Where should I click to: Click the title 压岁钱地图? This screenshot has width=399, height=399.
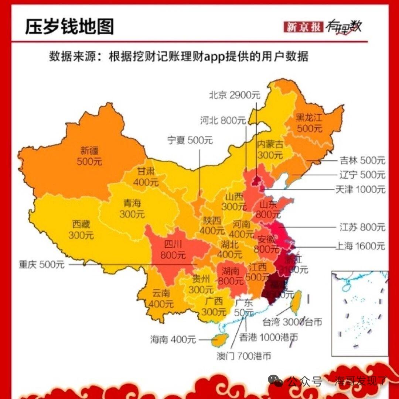(69, 27)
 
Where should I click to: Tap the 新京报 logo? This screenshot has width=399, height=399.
(303, 27)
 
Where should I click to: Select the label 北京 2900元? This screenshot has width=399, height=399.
(235, 95)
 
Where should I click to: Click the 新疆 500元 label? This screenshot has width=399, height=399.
(89, 156)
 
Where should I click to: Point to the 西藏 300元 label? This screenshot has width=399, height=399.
(81, 230)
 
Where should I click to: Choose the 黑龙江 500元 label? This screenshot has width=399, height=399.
(309, 123)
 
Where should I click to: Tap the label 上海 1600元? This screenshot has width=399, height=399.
(360, 246)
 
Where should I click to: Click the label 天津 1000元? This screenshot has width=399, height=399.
(360, 189)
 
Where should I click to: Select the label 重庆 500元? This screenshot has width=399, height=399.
(41, 264)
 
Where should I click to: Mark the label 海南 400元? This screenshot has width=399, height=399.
(173, 339)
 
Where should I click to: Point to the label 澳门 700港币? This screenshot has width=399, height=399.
(244, 356)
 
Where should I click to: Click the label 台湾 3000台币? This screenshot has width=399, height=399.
(292, 322)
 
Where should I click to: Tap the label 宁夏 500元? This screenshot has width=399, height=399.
(190, 140)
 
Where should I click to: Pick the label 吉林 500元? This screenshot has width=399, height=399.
(362, 161)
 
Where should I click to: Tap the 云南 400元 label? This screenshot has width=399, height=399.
(161, 299)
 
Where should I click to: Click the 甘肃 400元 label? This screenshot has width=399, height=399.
(146, 176)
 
